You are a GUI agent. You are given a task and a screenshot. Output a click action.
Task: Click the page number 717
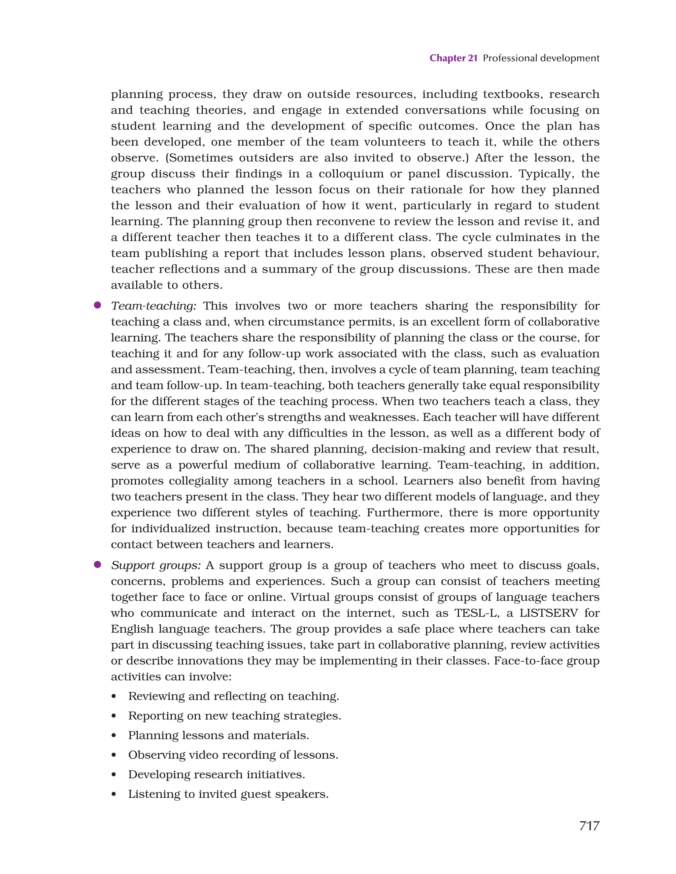tap(589, 825)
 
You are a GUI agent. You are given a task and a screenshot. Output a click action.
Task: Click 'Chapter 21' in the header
tap(453, 58)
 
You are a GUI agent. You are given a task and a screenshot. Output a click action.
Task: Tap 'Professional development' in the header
tap(541, 58)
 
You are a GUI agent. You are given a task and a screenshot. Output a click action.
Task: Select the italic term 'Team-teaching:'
tap(153, 306)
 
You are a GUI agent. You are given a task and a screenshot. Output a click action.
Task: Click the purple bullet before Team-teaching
tap(97, 305)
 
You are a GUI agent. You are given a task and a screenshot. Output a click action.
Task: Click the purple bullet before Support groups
tap(97, 564)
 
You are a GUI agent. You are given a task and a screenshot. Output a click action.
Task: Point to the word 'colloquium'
tap(351, 174)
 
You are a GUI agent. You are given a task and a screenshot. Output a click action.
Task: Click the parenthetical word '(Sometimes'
tap(199, 158)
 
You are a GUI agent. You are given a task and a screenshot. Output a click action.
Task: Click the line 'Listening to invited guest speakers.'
tap(228, 794)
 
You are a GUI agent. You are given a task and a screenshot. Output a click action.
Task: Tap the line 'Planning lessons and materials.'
tap(219, 735)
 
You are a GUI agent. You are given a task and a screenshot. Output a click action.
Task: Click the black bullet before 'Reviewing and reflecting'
tap(114, 697)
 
